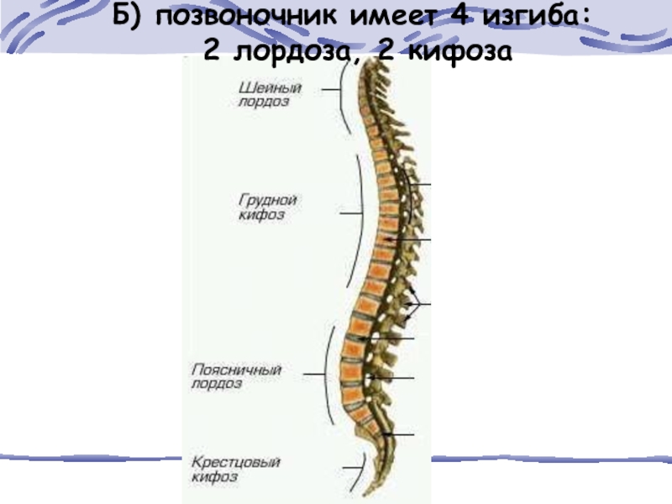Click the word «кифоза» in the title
[x=459, y=52]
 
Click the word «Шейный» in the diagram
[x=264, y=87]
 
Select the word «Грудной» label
[x=264, y=201]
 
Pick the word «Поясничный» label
[x=236, y=370]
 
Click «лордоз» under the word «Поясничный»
[x=217, y=384]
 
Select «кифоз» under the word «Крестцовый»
[x=213, y=476]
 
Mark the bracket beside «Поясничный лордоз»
[x=324, y=374]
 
